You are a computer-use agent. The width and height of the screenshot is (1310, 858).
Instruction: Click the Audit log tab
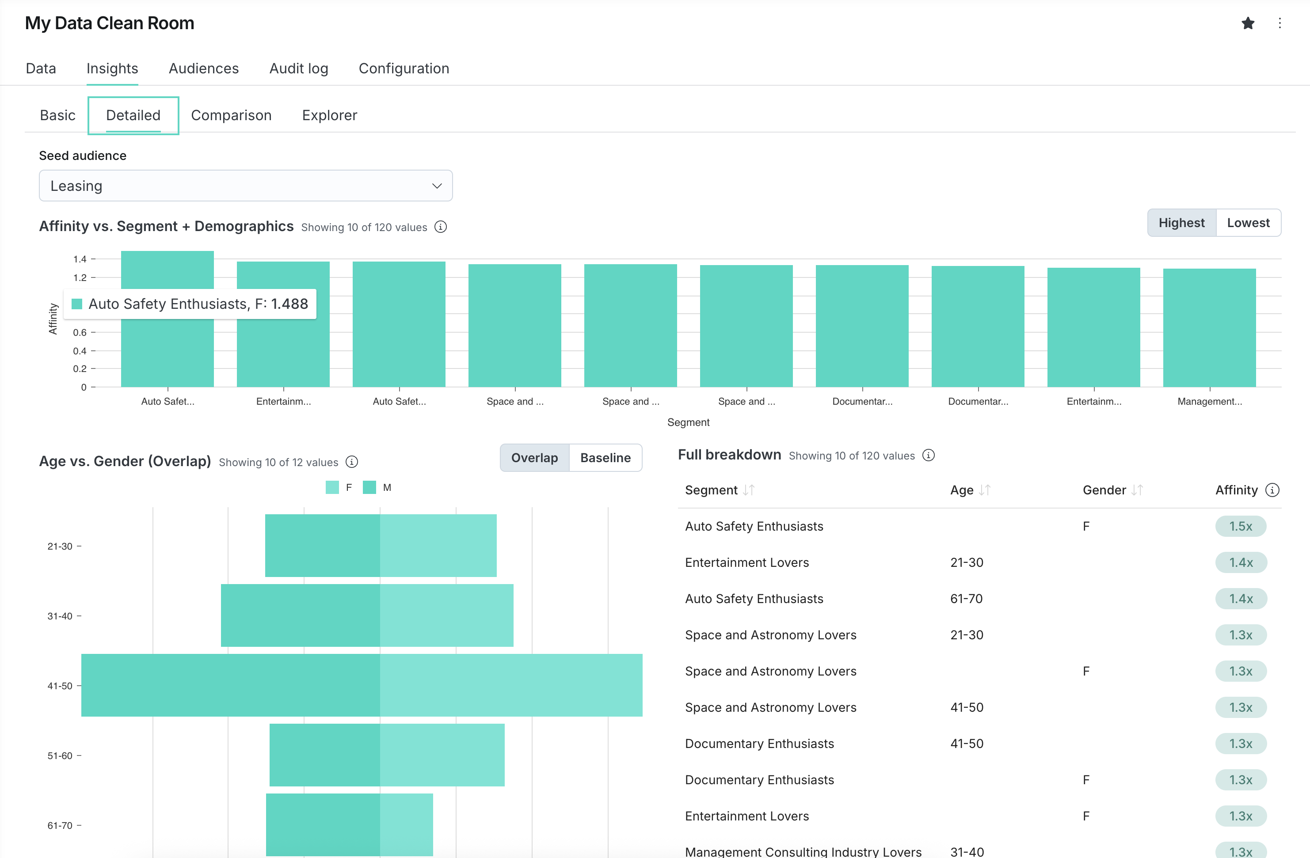pos(298,68)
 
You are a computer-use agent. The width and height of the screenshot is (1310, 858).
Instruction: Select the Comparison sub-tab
pos(231,115)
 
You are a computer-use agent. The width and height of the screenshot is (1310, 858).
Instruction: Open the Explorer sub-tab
pos(329,115)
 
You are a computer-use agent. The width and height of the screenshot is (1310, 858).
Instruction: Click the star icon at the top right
pos(1248,23)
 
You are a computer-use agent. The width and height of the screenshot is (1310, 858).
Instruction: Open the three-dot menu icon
pos(1280,23)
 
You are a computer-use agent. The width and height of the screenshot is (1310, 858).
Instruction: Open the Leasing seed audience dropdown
pos(245,186)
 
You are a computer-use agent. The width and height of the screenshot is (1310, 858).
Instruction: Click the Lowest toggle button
pos(1248,223)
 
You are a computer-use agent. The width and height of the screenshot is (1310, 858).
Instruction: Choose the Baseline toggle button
pos(605,458)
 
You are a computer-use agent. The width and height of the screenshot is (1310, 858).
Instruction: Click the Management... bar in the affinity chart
pos(1209,327)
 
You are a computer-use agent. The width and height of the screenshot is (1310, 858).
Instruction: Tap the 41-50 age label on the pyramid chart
pos(60,686)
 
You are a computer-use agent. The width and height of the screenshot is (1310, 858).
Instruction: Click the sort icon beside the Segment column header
pos(748,490)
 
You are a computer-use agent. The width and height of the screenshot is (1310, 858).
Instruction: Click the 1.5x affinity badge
pos(1240,526)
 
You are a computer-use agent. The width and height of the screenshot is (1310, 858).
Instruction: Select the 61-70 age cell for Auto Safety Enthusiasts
pos(966,599)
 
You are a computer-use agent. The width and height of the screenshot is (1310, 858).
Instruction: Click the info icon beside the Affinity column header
pos(1272,490)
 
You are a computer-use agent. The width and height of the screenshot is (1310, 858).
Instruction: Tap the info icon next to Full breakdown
pos(929,456)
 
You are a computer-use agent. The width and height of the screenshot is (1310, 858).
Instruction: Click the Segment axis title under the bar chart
pos(688,422)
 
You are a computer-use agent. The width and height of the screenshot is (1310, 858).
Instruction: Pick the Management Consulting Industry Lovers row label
pos(803,851)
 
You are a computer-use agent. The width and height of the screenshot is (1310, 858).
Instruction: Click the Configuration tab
pos(404,68)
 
